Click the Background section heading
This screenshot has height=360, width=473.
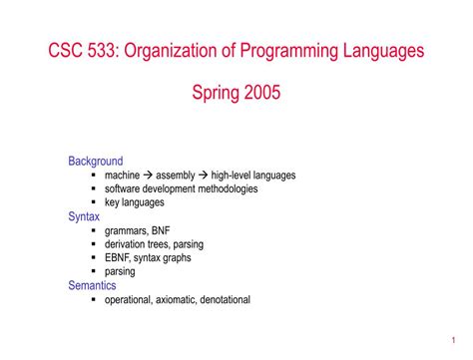[x=95, y=161]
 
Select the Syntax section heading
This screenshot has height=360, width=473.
[x=84, y=215]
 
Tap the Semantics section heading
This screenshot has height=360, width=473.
[x=92, y=284]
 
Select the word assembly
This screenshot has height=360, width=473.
[x=176, y=175]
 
